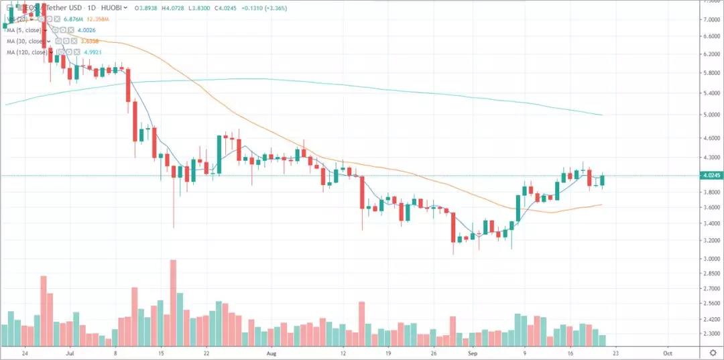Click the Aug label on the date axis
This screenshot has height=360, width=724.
[270, 351]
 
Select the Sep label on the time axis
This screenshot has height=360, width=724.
[473, 351]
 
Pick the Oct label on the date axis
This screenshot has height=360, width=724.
[667, 351]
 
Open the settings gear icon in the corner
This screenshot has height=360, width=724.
[713, 351]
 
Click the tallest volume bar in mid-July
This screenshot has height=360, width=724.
[173, 302]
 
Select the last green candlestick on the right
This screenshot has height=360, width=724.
[603, 180]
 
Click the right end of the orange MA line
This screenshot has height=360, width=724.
[602, 204]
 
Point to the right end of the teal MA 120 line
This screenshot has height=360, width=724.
[602, 115]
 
